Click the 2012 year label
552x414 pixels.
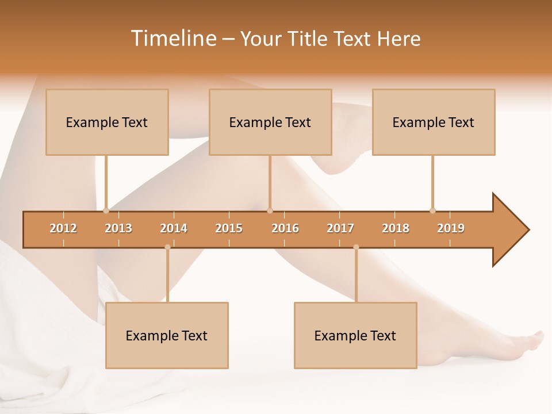(63, 228)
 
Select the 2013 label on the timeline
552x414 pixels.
(118, 228)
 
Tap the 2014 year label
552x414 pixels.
(174, 228)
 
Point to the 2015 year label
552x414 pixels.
(229, 228)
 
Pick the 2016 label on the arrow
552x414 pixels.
(285, 228)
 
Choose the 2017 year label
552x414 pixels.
(340, 228)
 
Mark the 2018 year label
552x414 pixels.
(396, 228)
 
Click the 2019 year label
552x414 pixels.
(451, 228)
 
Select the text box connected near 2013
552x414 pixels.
(107, 122)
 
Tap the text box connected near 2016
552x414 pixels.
(270, 122)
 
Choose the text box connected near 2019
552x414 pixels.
(434, 122)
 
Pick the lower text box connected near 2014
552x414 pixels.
(167, 335)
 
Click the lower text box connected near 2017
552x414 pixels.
(355, 335)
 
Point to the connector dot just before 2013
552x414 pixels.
(106, 210)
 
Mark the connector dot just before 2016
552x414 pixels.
(270, 210)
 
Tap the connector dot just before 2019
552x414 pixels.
(432, 210)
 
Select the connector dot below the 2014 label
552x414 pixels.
(167, 247)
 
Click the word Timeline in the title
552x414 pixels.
(172, 39)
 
